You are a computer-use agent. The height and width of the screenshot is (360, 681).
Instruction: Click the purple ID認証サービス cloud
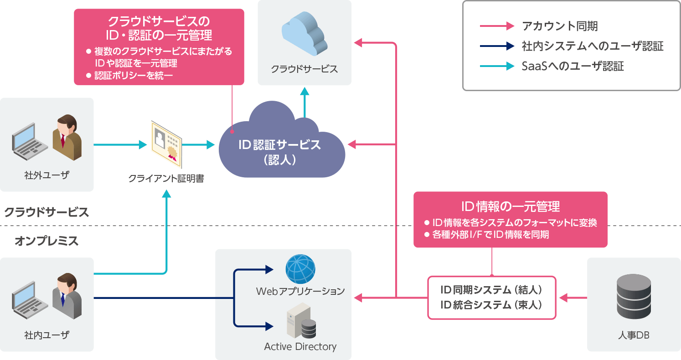(x=282, y=146)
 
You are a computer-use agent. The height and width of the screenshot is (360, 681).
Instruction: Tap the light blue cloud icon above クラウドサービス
(x=304, y=33)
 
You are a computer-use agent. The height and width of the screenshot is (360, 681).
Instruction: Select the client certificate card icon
(x=166, y=144)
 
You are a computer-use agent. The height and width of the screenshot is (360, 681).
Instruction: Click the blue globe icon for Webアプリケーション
(x=300, y=269)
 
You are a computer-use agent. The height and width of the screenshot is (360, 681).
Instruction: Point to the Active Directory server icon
(x=301, y=320)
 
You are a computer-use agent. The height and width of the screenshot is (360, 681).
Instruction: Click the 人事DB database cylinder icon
(x=634, y=297)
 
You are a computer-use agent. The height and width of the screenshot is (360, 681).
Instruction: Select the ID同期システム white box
(x=491, y=298)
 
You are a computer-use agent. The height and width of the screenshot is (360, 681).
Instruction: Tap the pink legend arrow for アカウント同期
(x=497, y=26)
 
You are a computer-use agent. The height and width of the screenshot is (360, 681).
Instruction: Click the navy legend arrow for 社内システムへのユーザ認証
(x=497, y=46)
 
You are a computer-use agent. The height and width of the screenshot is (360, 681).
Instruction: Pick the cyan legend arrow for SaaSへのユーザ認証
(x=497, y=66)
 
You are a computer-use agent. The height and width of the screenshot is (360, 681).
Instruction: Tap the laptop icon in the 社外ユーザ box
(x=30, y=141)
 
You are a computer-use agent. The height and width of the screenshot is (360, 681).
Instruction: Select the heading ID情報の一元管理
(x=511, y=206)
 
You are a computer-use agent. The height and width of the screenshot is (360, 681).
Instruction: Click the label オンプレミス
(x=46, y=241)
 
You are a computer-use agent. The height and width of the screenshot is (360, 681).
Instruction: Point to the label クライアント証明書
(x=166, y=179)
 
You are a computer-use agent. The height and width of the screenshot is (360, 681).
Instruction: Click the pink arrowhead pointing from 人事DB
(x=563, y=298)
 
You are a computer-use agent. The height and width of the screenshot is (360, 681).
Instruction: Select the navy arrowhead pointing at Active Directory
(x=269, y=326)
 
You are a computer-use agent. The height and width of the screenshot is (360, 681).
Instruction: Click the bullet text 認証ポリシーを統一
(x=134, y=75)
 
